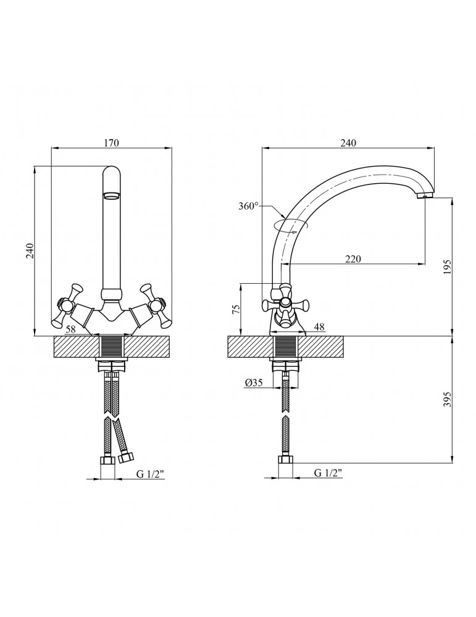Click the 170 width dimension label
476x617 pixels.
tap(111, 143)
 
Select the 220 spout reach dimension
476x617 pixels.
tap(353, 259)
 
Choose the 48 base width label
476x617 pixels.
tap(320, 326)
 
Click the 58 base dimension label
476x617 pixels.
tap(70, 329)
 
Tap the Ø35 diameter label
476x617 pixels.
tap(254, 383)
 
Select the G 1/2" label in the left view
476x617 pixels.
tap(150, 474)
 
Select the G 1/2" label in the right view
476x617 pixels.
tap(328, 473)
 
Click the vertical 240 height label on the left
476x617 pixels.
tap(30, 251)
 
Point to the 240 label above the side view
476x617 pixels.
tap(348, 143)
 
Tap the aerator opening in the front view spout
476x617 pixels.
tap(112, 195)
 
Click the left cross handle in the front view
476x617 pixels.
tap(69, 305)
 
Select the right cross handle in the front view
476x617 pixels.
tap(154, 305)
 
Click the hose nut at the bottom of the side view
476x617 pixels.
tap(285, 460)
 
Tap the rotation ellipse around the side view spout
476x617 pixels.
tap(292, 226)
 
